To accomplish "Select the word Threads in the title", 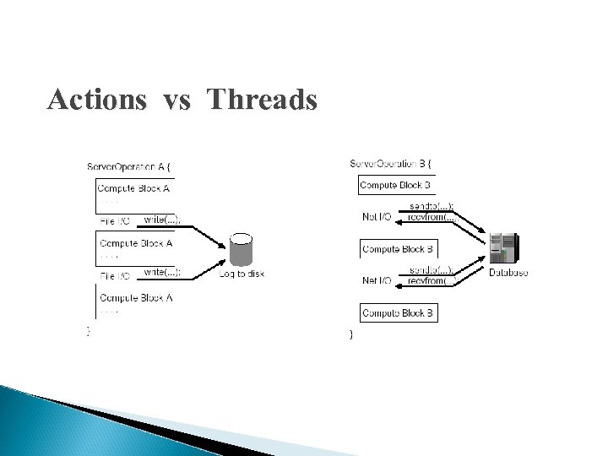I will [x=262, y=100].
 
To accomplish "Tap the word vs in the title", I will [x=177, y=101].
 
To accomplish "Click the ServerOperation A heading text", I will [x=132, y=166].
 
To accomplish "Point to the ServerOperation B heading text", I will [x=393, y=162].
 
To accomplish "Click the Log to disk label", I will [x=242, y=274].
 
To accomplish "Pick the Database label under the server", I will [x=508, y=273].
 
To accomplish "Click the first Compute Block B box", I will [x=395, y=185].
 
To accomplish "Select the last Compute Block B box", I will [x=399, y=314].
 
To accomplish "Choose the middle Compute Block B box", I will [x=399, y=249].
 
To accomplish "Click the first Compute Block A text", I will [x=135, y=189].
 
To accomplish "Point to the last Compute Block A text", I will [x=136, y=297].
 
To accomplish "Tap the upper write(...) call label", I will [x=160, y=220].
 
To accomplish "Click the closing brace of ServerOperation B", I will [x=351, y=336].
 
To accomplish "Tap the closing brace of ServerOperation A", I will [x=89, y=332].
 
